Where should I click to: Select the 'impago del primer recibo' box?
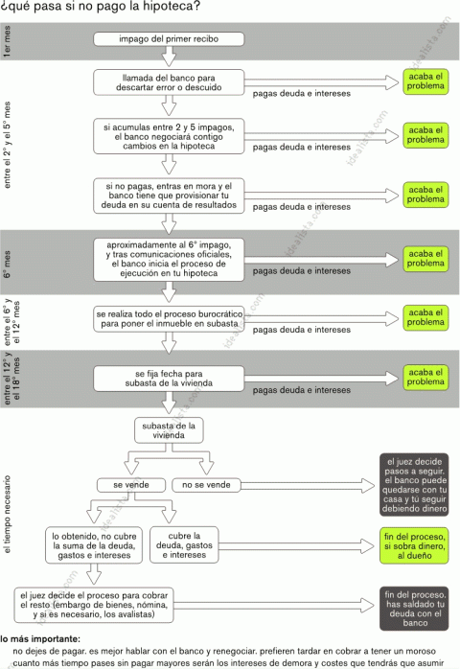coord(169,39)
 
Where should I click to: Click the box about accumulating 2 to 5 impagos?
coord(169,136)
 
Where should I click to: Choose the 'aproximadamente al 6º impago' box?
coord(169,257)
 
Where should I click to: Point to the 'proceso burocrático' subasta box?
coord(169,319)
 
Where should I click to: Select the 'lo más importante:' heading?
coord(40,638)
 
